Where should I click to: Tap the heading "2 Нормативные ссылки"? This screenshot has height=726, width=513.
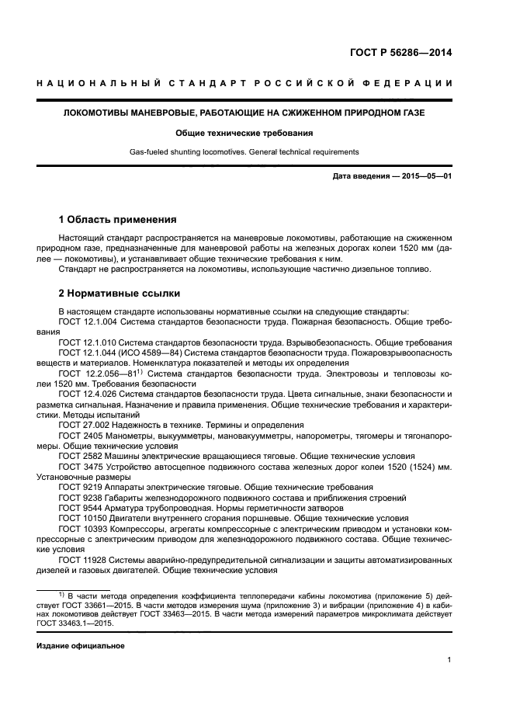point(120,294)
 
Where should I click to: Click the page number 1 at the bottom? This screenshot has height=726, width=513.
point(449,660)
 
